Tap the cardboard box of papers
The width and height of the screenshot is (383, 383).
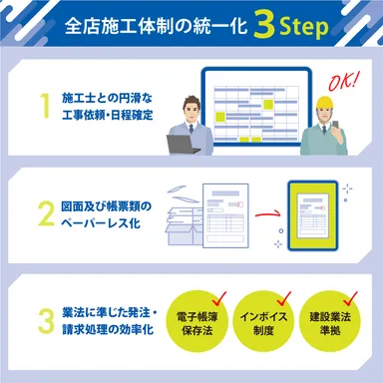(x=181, y=229)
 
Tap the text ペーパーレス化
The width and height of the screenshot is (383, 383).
(x=103, y=222)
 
